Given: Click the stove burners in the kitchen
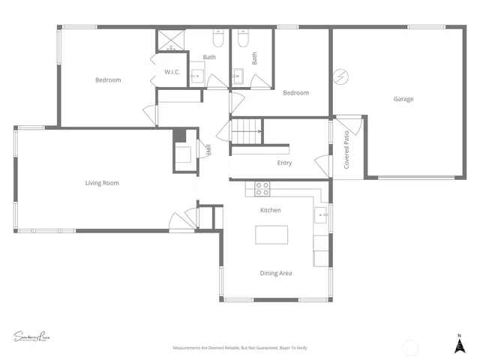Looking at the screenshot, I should [x=262, y=188].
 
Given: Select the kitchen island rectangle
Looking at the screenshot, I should [x=271, y=235].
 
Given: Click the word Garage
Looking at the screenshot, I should [x=403, y=99].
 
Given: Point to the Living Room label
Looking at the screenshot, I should [x=101, y=183].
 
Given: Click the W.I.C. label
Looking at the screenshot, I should [x=172, y=72].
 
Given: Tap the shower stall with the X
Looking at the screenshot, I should [x=169, y=40].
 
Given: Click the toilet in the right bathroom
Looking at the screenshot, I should [x=242, y=37].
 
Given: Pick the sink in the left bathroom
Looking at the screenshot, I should [x=196, y=74].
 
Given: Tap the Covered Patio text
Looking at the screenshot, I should [x=346, y=150].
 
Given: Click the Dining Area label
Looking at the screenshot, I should [x=276, y=273].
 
